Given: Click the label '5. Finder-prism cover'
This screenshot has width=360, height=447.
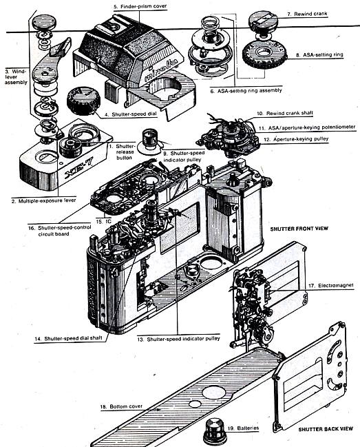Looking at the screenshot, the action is click(140, 6).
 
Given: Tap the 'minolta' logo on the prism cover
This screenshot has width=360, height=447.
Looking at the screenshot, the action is click(161, 70).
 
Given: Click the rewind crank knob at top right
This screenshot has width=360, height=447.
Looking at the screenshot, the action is click(263, 21).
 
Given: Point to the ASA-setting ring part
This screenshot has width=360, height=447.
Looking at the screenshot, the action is click(264, 55).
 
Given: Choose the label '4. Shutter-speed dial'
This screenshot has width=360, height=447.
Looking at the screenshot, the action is click(131, 114).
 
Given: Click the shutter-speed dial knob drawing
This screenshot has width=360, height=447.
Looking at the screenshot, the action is click(83, 101).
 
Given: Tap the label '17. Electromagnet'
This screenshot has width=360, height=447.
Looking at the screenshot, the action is click(331, 285).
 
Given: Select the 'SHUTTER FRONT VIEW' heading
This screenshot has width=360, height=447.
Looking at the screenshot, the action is click(299, 229).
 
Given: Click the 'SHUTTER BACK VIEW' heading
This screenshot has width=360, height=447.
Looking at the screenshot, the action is click(326, 429).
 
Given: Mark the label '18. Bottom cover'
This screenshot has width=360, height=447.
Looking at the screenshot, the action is click(121, 406).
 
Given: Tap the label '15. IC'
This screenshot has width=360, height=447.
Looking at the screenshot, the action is click(104, 221).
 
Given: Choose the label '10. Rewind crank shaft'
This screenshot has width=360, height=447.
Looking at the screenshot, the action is click(285, 113).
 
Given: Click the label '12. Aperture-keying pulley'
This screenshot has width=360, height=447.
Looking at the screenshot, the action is click(296, 139).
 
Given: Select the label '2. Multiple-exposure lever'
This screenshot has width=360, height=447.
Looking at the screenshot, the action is click(43, 200).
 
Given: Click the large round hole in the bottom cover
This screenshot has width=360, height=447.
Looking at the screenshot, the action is click(214, 392).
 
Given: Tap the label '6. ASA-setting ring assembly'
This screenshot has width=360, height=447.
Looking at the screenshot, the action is click(246, 91).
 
